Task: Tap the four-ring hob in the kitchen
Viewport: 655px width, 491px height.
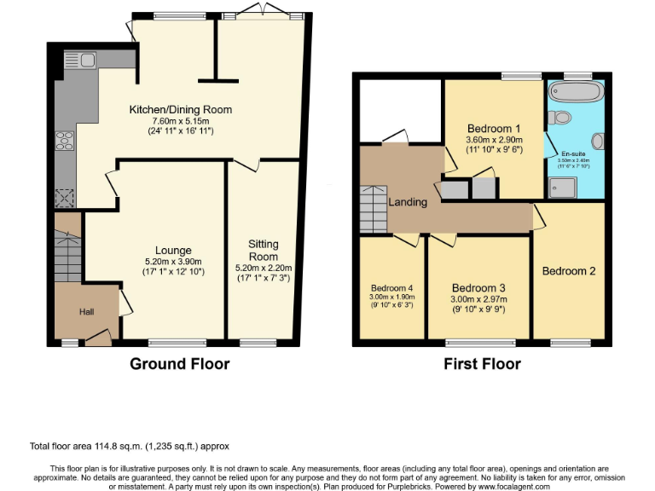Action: point(64,142)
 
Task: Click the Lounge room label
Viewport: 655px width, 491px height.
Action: point(173,250)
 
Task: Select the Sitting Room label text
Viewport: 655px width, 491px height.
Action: point(264,250)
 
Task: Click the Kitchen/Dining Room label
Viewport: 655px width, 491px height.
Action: point(180,110)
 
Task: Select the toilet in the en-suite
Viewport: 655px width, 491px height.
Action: point(560,117)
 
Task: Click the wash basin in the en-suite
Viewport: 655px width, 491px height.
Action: point(598,140)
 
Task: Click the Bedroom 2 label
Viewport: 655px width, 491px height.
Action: point(568,271)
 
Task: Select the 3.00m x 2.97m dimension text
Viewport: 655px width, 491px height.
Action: point(478,299)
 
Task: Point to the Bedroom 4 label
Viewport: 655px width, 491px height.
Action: point(391,287)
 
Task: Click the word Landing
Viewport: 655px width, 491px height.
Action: point(408,202)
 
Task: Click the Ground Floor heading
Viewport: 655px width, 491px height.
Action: point(179,364)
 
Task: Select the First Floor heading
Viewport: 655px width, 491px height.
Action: point(482,364)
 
